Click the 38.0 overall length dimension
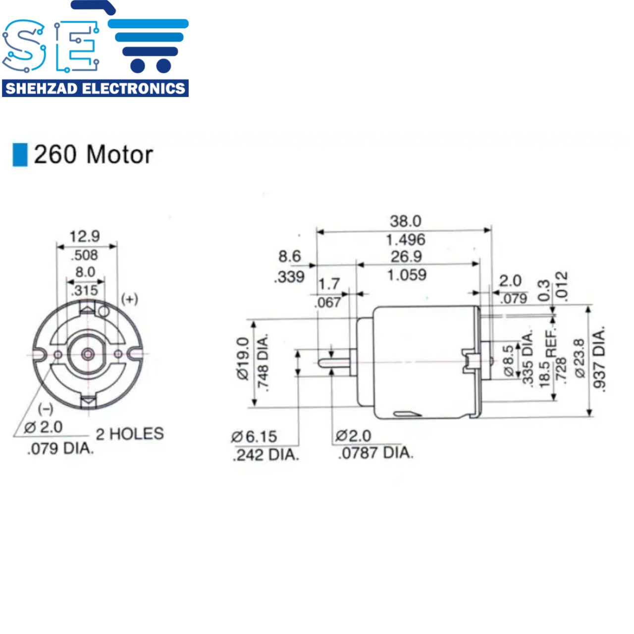coord(405,221)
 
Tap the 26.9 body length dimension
coord(406,257)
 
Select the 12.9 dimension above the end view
coord(85,236)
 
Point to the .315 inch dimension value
coord(85,290)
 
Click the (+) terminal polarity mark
coord(130,299)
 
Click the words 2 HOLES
coord(130,433)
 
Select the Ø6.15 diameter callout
coord(254,436)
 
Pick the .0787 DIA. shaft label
coord(376,453)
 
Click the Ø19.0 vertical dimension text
coord(243,359)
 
